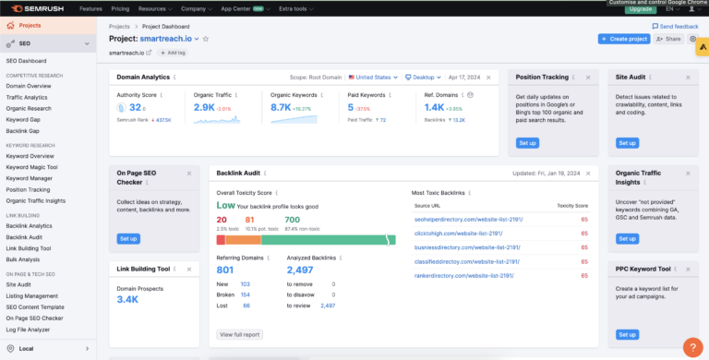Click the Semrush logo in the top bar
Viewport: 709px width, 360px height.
[x=36, y=7]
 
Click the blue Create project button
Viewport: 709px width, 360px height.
[x=623, y=39]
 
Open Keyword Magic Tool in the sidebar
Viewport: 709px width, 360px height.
[x=32, y=167]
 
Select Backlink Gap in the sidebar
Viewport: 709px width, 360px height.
[x=23, y=131]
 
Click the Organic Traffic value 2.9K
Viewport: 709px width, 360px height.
[x=204, y=108]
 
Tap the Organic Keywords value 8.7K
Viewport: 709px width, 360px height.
[x=281, y=108]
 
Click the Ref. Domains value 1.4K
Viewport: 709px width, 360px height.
[x=434, y=108]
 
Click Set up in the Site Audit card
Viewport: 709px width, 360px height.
[x=627, y=143]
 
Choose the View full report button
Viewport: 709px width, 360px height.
[x=239, y=334]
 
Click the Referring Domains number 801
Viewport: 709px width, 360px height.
[x=225, y=270]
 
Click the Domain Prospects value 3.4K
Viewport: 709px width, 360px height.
[x=127, y=300]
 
